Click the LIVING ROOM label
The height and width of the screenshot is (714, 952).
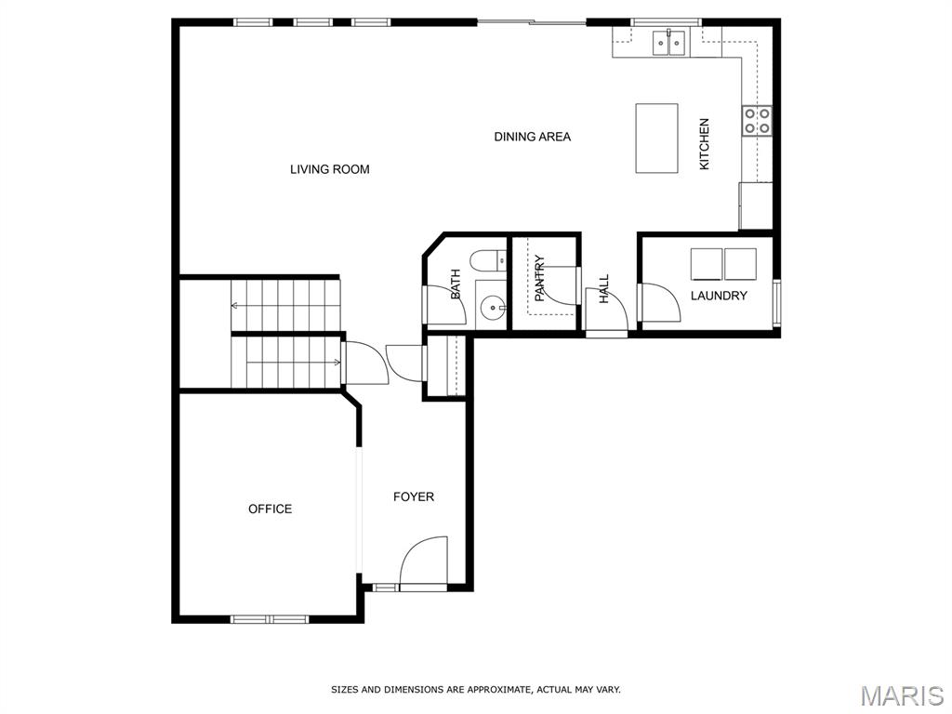click(330, 169)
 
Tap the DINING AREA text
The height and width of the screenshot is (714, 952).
click(533, 137)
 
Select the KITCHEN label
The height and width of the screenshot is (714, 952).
click(705, 144)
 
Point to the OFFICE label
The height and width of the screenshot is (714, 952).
click(271, 509)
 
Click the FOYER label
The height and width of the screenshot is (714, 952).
click(414, 496)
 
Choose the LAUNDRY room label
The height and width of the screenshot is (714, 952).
click(719, 296)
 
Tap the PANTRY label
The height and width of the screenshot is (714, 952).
click(540, 279)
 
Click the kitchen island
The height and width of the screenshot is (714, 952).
click(657, 139)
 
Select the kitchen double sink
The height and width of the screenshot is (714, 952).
click(669, 43)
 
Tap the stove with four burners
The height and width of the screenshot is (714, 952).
click(757, 121)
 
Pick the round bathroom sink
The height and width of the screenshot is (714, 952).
click(492, 308)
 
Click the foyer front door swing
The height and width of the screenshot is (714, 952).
click(423, 562)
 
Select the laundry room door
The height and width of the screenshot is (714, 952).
click(660, 302)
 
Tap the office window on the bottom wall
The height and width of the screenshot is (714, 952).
click(270, 619)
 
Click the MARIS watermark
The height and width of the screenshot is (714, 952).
click(902, 695)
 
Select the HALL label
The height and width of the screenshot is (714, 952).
click(604, 289)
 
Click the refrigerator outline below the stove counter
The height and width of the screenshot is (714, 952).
click(755, 205)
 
